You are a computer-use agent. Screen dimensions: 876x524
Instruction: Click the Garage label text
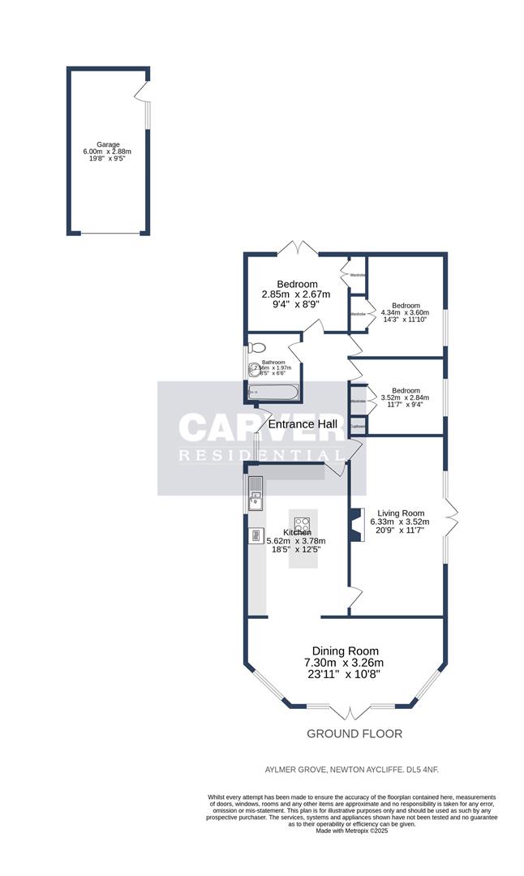pyautogui.click(x=108, y=144)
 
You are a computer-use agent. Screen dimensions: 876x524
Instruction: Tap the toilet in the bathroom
pyautogui.click(x=258, y=347)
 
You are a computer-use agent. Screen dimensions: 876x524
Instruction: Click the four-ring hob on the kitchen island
pyautogui.click(x=303, y=525)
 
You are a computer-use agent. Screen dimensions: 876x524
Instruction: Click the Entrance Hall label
pyautogui.click(x=303, y=423)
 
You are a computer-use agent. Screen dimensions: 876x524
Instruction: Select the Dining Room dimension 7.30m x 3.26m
pyautogui.click(x=346, y=662)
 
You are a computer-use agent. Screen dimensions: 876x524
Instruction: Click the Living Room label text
pyautogui.click(x=397, y=513)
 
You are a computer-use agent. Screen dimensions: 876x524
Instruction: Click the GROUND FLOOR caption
pyautogui.click(x=354, y=734)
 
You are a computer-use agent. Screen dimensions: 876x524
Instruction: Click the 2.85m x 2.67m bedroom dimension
pyautogui.click(x=296, y=294)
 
